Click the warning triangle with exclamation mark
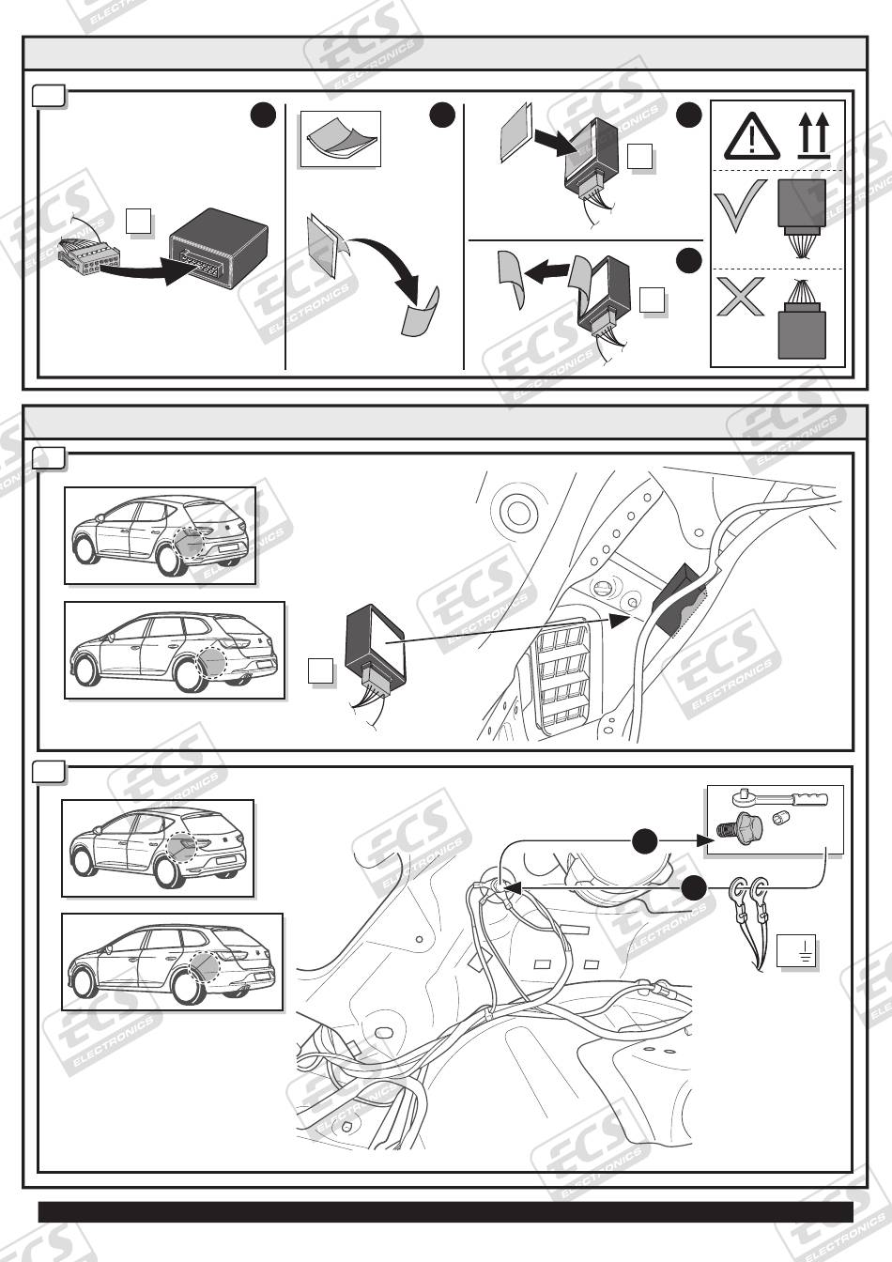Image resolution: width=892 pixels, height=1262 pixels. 753,137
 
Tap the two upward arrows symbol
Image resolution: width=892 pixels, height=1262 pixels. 813,134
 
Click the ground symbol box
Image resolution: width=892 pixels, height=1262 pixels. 797,953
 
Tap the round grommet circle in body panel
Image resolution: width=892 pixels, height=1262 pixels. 515,513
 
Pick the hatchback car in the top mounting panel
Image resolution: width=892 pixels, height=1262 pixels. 160,535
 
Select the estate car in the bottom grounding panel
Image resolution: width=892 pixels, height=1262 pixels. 172,962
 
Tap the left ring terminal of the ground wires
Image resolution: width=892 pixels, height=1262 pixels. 736,886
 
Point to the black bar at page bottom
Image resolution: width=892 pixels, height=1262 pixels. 445,1211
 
